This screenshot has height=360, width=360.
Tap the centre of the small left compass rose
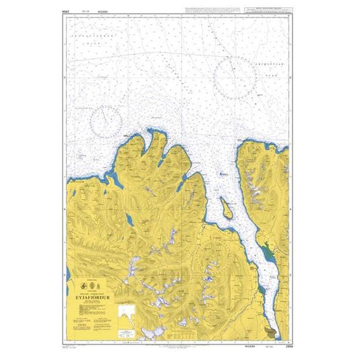tap(104, 121)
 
